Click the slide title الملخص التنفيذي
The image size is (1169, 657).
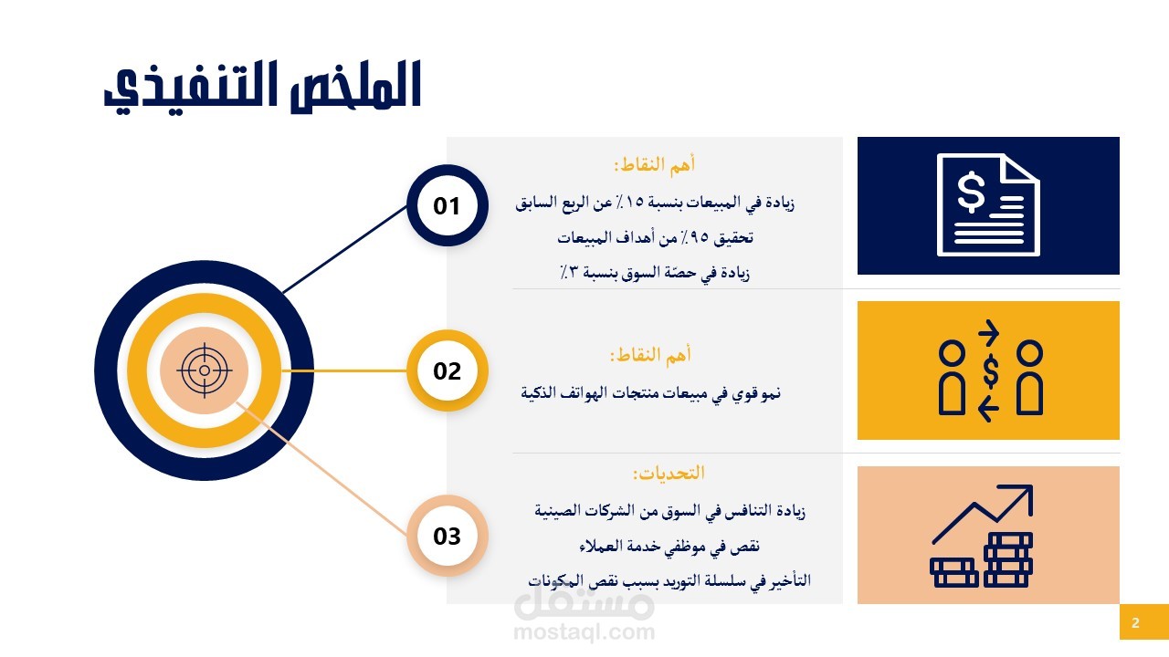[262, 87]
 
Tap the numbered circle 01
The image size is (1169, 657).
[448, 205]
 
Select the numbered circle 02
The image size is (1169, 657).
[448, 370]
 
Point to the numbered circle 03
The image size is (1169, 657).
[448, 536]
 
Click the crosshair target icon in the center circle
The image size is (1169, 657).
[205, 370]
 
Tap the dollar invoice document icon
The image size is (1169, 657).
[988, 205]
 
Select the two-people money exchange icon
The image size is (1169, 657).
[991, 370]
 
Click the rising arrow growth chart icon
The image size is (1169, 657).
[982, 536]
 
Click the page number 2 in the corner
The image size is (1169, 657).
[1135, 622]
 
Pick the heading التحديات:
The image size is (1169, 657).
[669, 474]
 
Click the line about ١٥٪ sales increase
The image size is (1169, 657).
[655, 203]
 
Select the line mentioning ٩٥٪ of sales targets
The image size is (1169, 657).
[656, 238]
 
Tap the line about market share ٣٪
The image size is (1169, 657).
[655, 272]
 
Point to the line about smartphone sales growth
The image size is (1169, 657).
[651, 392]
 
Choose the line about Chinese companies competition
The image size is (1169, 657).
[669, 510]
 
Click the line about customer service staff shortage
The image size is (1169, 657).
[669, 546]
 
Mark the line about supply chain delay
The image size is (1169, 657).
[669, 580]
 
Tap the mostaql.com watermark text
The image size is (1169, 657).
[584, 632]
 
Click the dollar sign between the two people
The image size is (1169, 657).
[990, 371]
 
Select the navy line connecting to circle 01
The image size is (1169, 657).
[345, 249]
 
